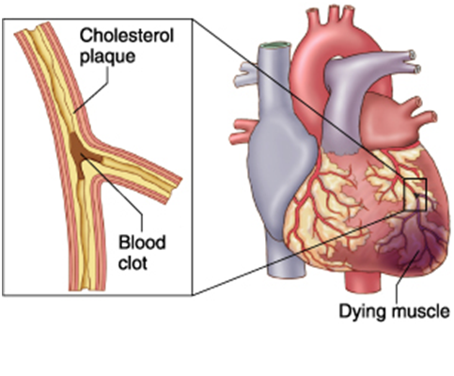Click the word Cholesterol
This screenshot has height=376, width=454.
point(126,36)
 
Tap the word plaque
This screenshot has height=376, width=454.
point(107,57)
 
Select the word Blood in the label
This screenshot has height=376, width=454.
point(142,243)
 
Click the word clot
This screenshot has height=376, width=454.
point(133,263)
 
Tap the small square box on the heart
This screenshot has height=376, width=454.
point(415,195)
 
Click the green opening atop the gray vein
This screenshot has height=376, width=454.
point(274,45)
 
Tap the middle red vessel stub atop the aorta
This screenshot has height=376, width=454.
point(334,15)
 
